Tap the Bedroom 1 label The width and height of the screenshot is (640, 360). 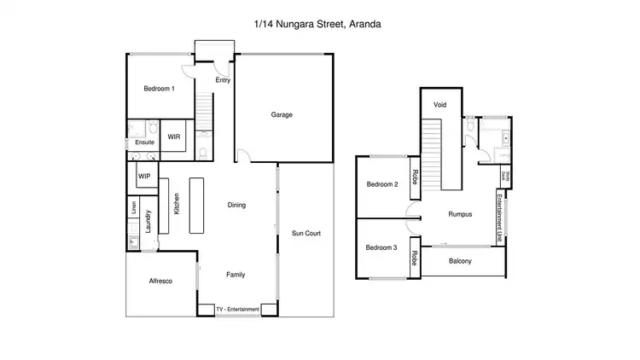coord(159,89)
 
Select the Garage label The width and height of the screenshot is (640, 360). coord(282,113)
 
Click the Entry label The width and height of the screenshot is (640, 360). coord(223,80)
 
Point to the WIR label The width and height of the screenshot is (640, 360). coord(173,136)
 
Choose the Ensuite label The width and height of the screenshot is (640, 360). coord(145,142)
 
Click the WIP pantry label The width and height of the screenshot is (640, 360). coord(145,176)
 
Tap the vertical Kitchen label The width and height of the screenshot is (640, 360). coord(177,204)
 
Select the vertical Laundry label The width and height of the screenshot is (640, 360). coord(148,221)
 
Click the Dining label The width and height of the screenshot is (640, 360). coord(236,205)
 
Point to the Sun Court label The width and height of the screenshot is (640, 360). coord(306,232)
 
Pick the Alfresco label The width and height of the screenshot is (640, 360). coord(161,281)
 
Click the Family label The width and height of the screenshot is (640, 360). coord(236,275)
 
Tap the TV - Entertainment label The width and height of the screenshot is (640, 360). coord(238,309)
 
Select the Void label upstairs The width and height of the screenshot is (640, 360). coord(440,104)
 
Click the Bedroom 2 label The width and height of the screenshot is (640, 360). coord(382,184)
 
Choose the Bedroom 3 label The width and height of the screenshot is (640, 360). coord(382,247)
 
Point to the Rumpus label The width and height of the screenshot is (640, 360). coord(460,215)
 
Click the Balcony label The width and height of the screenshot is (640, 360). coord(460,261)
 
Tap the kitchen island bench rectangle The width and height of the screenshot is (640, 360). coord(197,206)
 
